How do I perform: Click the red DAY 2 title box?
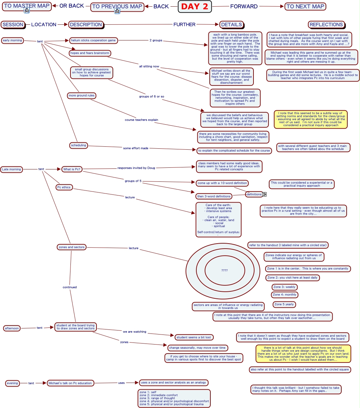[x=195, y=6]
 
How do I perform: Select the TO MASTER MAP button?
[x=27, y=5]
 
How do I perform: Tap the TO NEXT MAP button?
[x=305, y=6]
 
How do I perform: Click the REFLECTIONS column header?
[x=326, y=24]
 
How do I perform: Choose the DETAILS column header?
[x=231, y=24]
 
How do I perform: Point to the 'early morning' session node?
[x=12, y=40]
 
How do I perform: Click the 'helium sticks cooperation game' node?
[x=93, y=40]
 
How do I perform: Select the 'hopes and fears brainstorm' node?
[x=90, y=53]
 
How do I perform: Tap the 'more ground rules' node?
[x=81, y=96]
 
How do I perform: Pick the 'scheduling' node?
[x=78, y=145]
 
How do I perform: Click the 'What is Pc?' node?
[x=72, y=169]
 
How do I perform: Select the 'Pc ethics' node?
[x=64, y=187]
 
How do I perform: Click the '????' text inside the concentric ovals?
[x=224, y=270]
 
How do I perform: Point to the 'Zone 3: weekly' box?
[x=284, y=287]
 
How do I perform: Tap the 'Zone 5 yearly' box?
[x=284, y=304]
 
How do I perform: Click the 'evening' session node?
[x=12, y=383]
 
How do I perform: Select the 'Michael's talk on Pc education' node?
[x=70, y=383]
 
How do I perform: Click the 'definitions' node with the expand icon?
[x=254, y=194]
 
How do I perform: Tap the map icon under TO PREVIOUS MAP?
[x=117, y=11]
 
